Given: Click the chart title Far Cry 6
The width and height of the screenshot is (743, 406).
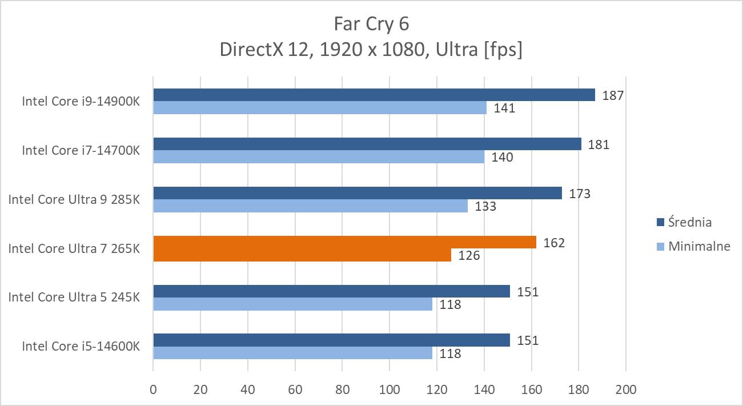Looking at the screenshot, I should (x=371, y=24).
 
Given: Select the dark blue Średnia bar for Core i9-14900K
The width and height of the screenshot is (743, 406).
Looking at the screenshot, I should (x=373, y=95).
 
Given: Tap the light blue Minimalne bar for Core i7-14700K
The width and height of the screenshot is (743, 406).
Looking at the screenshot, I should (x=318, y=157).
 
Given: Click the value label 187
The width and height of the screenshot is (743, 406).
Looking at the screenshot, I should (x=613, y=95).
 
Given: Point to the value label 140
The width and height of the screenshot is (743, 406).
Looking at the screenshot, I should (x=502, y=157).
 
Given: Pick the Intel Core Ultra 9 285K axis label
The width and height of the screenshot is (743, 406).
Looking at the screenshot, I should (x=74, y=200).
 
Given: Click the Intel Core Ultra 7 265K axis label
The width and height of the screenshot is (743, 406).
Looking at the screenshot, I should (x=74, y=249).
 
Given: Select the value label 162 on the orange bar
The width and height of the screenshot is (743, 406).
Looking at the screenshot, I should (x=554, y=243).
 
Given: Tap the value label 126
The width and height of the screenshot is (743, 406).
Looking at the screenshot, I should (x=469, y=255).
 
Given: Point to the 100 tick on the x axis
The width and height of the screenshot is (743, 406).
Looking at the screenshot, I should (x=389, y=390).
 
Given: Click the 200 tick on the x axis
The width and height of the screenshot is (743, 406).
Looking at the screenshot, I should (x=626, y=390).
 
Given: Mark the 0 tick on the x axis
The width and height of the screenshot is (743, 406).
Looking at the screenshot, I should (x=153, y=390).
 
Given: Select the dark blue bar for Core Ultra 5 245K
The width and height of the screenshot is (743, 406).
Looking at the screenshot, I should (x=331, y=291).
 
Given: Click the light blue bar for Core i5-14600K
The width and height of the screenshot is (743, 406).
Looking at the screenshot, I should (x=292, y=353).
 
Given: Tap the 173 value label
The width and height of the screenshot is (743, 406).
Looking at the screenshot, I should (x=580, y=194).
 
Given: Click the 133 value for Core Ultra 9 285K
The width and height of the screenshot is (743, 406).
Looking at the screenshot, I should (x=485, y=206).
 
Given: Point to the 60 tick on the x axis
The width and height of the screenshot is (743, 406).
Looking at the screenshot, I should (x=295, y=390).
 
